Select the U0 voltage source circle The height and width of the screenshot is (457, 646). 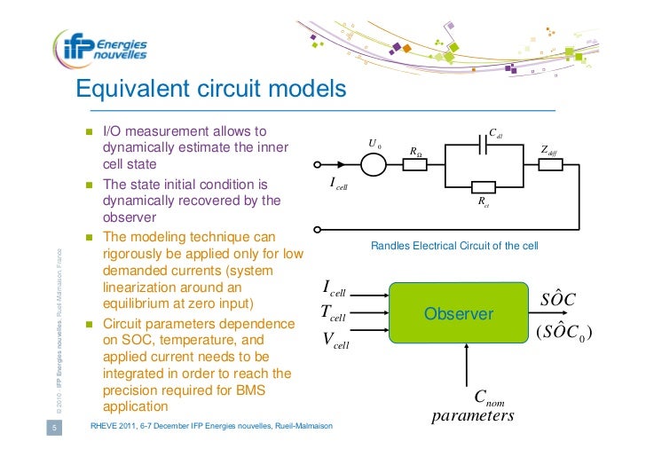tap(374, 164)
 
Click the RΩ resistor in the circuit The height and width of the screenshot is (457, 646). tap(415, 164)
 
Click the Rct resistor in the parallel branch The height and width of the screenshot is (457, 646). tap(483, 186)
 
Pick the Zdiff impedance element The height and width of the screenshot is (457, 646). tap(549, 164)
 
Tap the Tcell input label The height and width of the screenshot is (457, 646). tap(333, 313)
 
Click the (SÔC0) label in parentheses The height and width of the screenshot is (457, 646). tap(563, 333)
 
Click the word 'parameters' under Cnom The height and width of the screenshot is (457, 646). tap(472, 415)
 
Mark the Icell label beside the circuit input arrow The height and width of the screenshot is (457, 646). tap(339, 185)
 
